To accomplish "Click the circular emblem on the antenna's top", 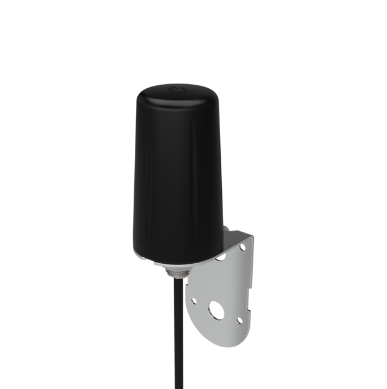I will [x=177, y=89].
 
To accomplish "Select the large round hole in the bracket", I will [x=215, y=312].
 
